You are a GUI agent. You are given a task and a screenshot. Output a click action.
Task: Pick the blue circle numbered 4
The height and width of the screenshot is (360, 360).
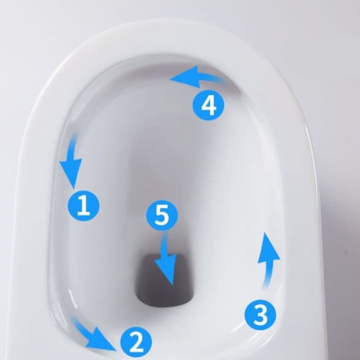tap(208, 106)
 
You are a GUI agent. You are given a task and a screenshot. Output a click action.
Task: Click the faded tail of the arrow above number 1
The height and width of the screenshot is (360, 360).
tap(75, 136)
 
